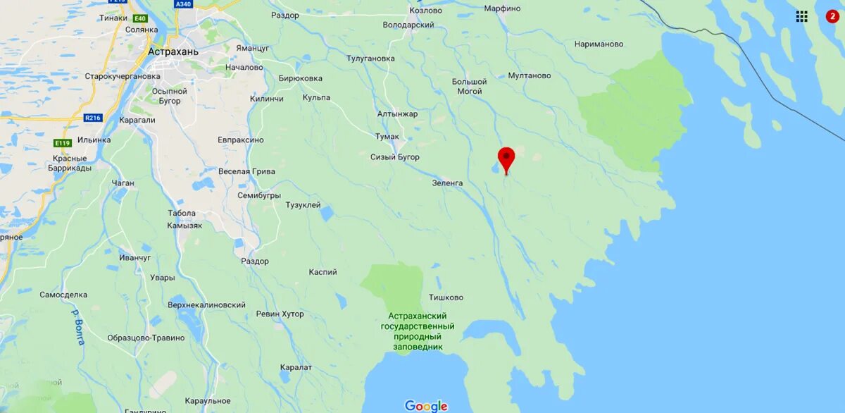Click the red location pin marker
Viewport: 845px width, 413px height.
click(506, 158)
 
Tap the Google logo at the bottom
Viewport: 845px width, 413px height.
click(426, 406)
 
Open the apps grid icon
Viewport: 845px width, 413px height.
click(801, 16)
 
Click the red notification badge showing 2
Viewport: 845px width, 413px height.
click(832, 16)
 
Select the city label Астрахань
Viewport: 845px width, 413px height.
click(173, 51)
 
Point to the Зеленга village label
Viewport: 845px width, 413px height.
click(448, 183)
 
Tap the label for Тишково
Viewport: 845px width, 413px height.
click(446, 297)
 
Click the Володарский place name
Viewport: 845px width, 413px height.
click(408, 25)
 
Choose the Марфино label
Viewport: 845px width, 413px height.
click(502, 8)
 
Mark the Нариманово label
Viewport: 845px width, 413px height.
click(599, 44)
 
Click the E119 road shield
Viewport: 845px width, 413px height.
click(63, 143)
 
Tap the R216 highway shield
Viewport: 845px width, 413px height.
click(93, 118)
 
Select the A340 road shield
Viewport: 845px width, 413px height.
click(183, 4)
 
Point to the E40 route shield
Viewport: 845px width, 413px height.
click(139, 18)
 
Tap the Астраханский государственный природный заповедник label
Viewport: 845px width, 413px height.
click(418, 331)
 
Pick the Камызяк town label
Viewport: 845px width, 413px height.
click(184, 226)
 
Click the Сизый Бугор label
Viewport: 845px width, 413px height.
click(395, 157)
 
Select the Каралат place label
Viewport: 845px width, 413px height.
click(296, 367)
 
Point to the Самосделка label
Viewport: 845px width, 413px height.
click(63, 295)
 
